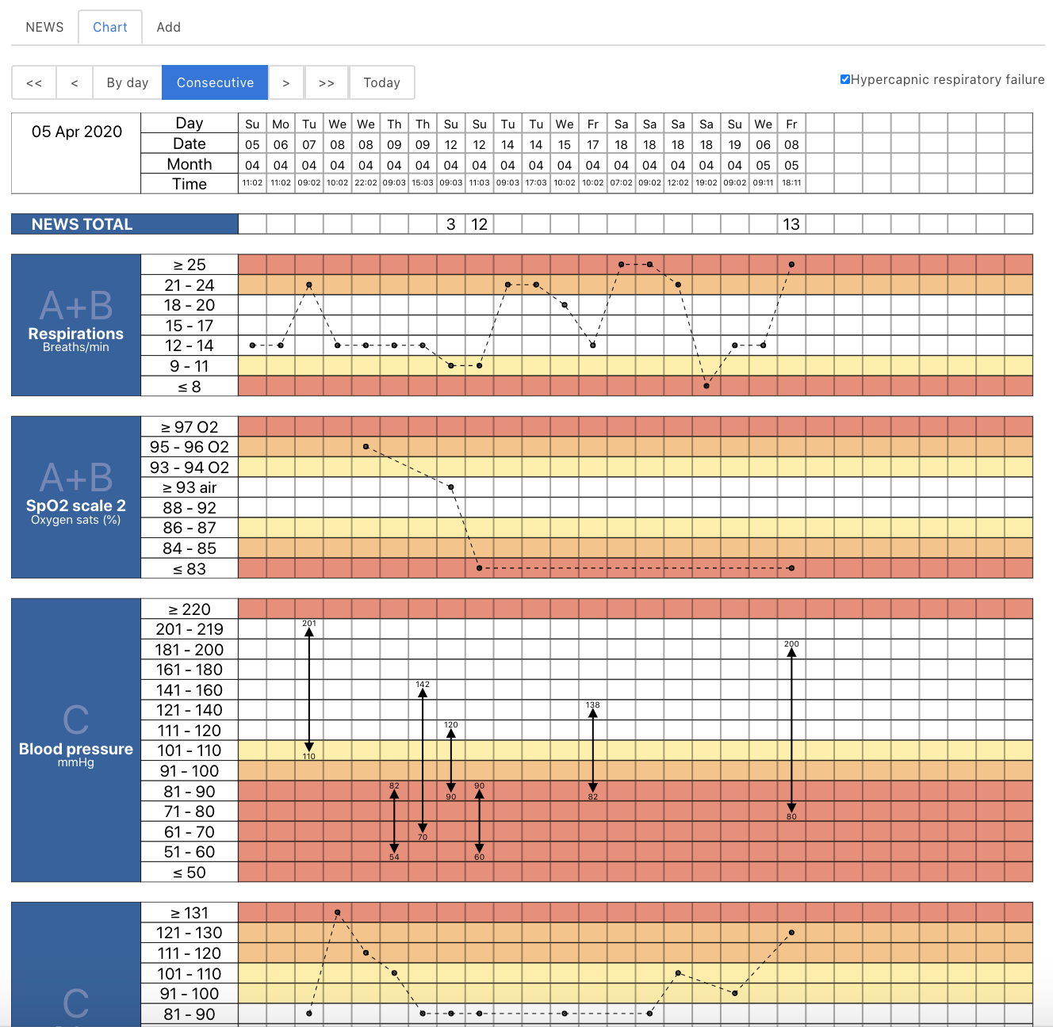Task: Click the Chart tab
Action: click(110, 27)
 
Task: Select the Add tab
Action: click(168, 27)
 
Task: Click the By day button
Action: click(127, 82)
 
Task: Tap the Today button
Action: click(381, 82)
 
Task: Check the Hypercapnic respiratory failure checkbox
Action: click(845, 79)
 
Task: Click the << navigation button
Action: click(34, 82)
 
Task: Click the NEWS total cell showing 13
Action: click(791, 224)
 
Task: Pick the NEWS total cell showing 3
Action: click(451, 224)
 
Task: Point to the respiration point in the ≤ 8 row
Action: click(706, 386)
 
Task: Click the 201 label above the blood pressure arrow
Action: click(309, 624)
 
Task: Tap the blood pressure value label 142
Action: click(423, 685)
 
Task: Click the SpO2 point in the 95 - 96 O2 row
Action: click(366, 447)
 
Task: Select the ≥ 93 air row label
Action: click(190, 487)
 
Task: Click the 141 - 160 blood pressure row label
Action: click(190, 690)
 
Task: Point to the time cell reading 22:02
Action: click(366, 183)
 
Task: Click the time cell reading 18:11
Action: click(791, 183)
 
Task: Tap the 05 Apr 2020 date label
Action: click(77, 132)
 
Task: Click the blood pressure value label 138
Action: click(592, 704)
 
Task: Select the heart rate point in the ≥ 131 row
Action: click(338, 913)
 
